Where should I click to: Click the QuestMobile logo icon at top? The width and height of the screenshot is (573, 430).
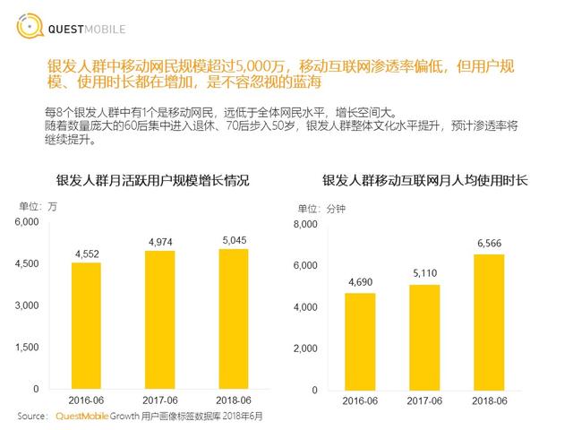coord(28,27)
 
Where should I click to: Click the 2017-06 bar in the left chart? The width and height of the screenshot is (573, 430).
coord(159,320)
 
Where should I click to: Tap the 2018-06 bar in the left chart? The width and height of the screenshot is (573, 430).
coord(235,319)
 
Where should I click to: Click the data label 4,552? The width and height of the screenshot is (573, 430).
coord(86,253)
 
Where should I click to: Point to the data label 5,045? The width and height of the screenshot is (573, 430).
coord(235,239)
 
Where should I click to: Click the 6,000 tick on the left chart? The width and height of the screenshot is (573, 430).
coord(28,221)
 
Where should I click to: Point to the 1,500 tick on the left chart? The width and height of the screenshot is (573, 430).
coord(28,347)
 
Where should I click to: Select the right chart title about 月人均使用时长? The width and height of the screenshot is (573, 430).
coord(424,180)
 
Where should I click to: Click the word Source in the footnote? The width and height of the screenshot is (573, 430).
coord(32,417)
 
